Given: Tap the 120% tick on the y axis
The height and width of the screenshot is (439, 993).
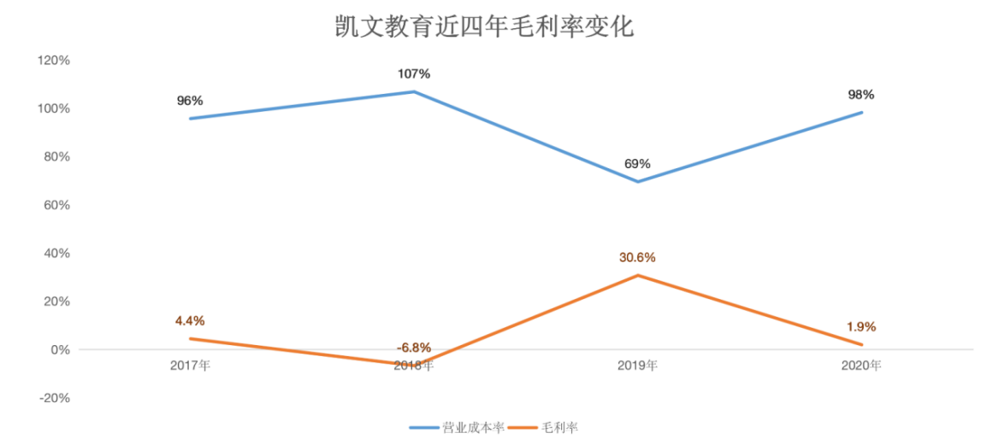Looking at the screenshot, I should pyautogui.click(x=53, y=61).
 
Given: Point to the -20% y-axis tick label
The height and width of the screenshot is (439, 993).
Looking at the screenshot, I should pyautogui.click(x=53, y=398).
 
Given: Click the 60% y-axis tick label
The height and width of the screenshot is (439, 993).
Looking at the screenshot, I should pyautogui.click(x=56, y=205).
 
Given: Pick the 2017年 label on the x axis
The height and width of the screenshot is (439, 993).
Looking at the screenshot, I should pyautogui.click(x=190, y=366).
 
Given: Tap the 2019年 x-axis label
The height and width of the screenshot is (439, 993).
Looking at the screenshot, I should pyautogui.click(x=637, y=366).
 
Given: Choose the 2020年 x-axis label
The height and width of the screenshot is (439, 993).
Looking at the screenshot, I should pyautogui.click(x=861, y=366).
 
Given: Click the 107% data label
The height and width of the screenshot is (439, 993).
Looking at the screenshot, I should pyautogui.click(x=414, y=73).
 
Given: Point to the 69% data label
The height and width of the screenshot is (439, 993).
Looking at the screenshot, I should pyautogui.click(x=637, y=163).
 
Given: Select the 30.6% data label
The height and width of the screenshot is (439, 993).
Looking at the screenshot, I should pyautogui.click(x=637, y=257).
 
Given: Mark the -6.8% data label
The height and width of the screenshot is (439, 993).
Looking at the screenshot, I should pyautogui.click(x=414, y=348).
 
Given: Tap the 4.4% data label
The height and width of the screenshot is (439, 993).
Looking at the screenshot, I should pyautogui.click(x=190, y=320).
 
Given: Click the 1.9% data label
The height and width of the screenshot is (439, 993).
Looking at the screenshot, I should pyautogui.click(x=861, y=326).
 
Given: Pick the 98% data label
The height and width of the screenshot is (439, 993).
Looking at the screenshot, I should pyautogui.click(x=861, y=95).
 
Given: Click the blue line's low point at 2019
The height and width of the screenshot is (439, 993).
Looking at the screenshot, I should pyautogui.click(x=637, y=181).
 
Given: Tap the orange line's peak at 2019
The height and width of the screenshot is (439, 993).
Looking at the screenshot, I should pyautogui.click(x=637, y=275).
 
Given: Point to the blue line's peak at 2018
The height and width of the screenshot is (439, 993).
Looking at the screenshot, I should pyautogui.click(x=414, y=91).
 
